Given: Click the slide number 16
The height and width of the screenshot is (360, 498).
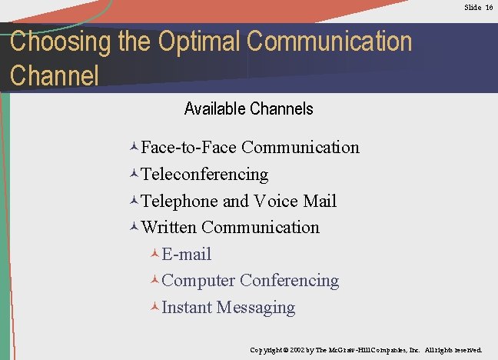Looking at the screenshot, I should click(489, 7).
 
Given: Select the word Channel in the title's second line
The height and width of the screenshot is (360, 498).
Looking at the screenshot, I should click(55, 76).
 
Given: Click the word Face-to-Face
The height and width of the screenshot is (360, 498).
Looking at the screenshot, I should click(189, 147).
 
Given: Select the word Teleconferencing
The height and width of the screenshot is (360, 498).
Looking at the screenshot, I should click(204, 175).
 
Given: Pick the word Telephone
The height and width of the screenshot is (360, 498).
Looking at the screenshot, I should click(180, 202).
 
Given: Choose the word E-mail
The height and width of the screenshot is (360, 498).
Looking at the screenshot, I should click(187, 255).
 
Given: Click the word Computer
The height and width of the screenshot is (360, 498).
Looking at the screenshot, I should click(198, 281).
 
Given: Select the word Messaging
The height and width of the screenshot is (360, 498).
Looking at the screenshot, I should click(256, 308).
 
